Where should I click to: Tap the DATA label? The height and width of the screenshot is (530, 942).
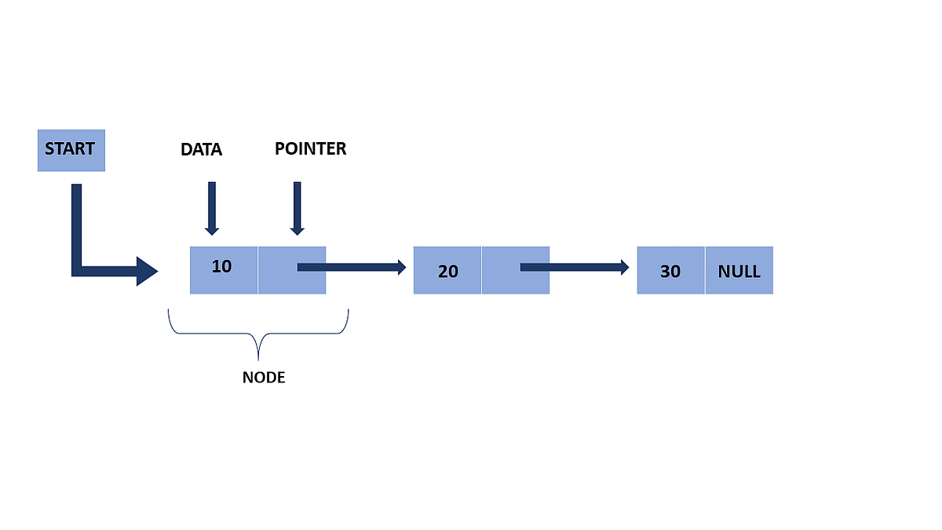click(x=202, y=150)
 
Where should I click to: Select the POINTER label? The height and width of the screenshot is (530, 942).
click(x=310, y=148)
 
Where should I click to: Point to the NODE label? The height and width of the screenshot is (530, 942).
click(x=263, y=378)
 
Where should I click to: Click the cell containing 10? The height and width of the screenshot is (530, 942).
click(x=223, y=269)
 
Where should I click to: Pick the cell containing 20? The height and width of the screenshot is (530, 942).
click(x=447, y=271)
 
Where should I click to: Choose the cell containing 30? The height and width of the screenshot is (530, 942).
click(x=670, y=271)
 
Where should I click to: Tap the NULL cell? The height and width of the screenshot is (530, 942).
click(x=739, y=271)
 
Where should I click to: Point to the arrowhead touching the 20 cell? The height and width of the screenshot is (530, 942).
click(x=400, y=267)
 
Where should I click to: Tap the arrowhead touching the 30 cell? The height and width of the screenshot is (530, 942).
click(x=623, y=267)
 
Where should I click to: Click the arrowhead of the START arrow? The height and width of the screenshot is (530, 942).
click(x=148, y=271)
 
